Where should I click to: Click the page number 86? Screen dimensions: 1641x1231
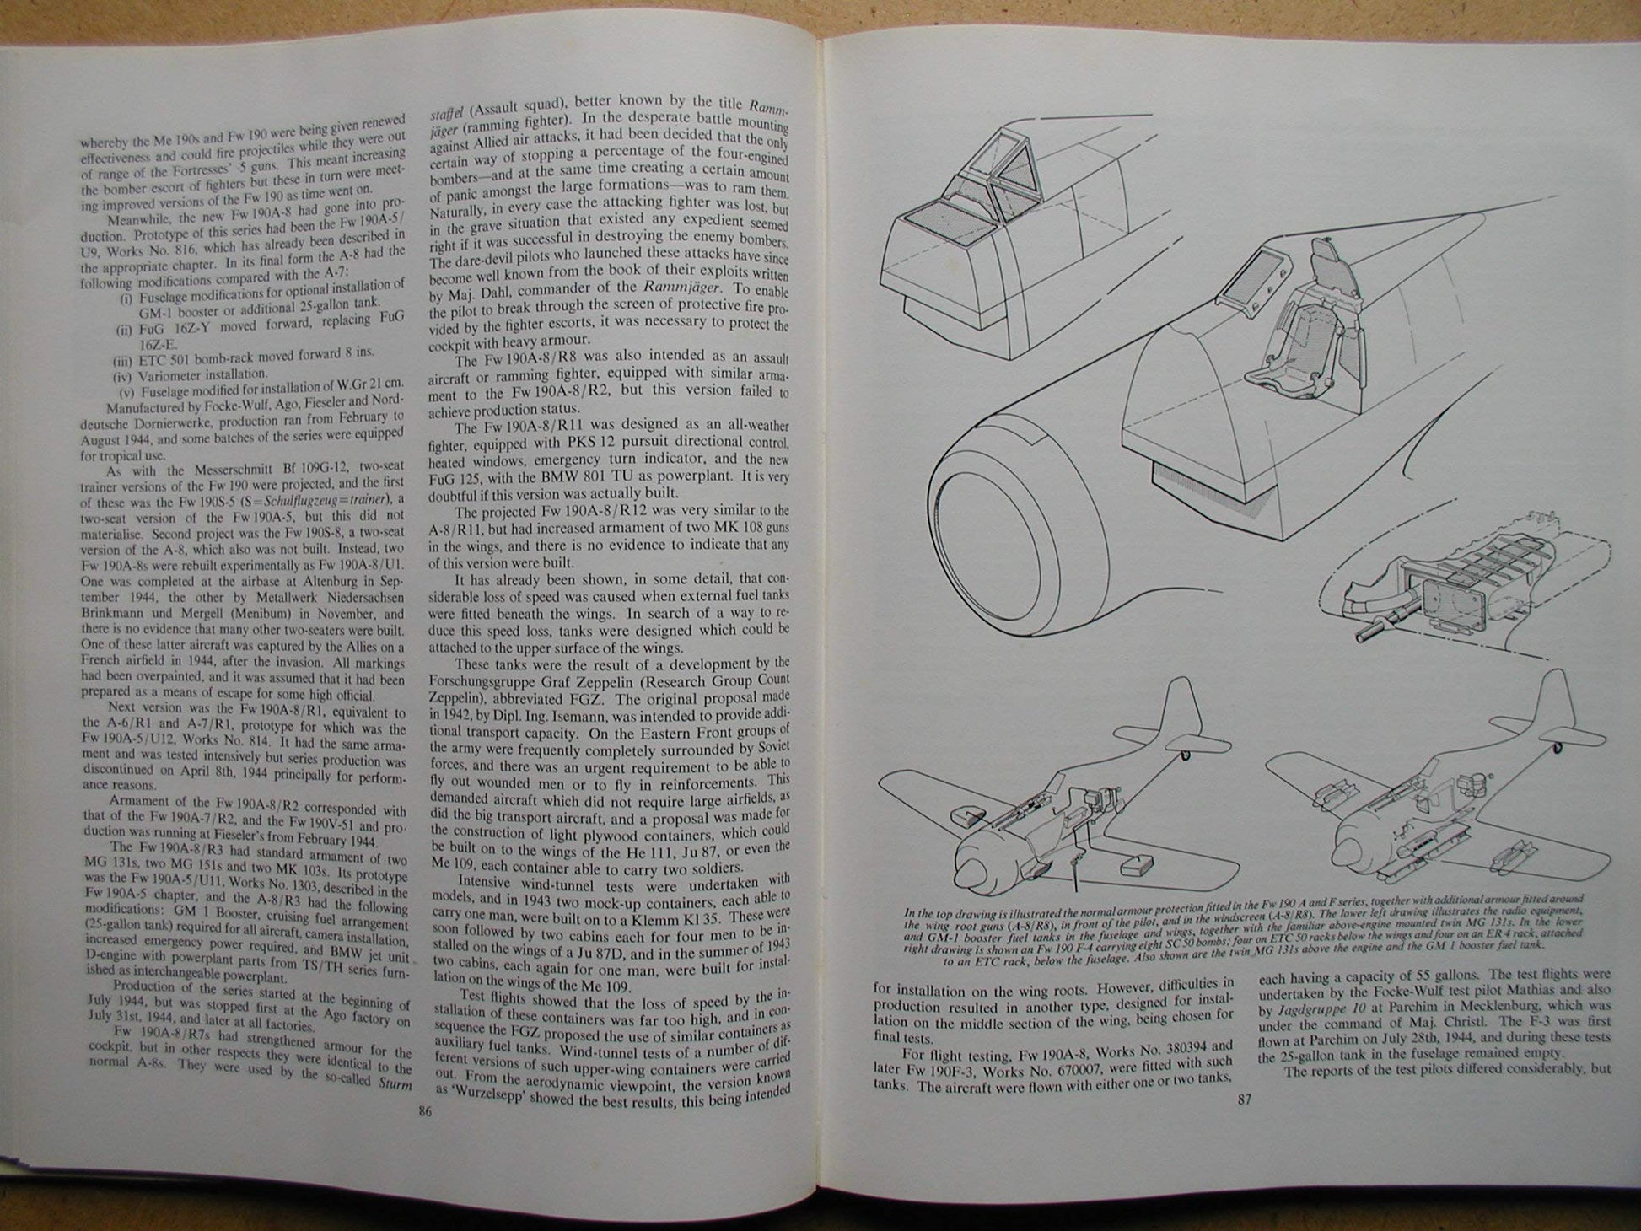click(x=425, y=1112)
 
